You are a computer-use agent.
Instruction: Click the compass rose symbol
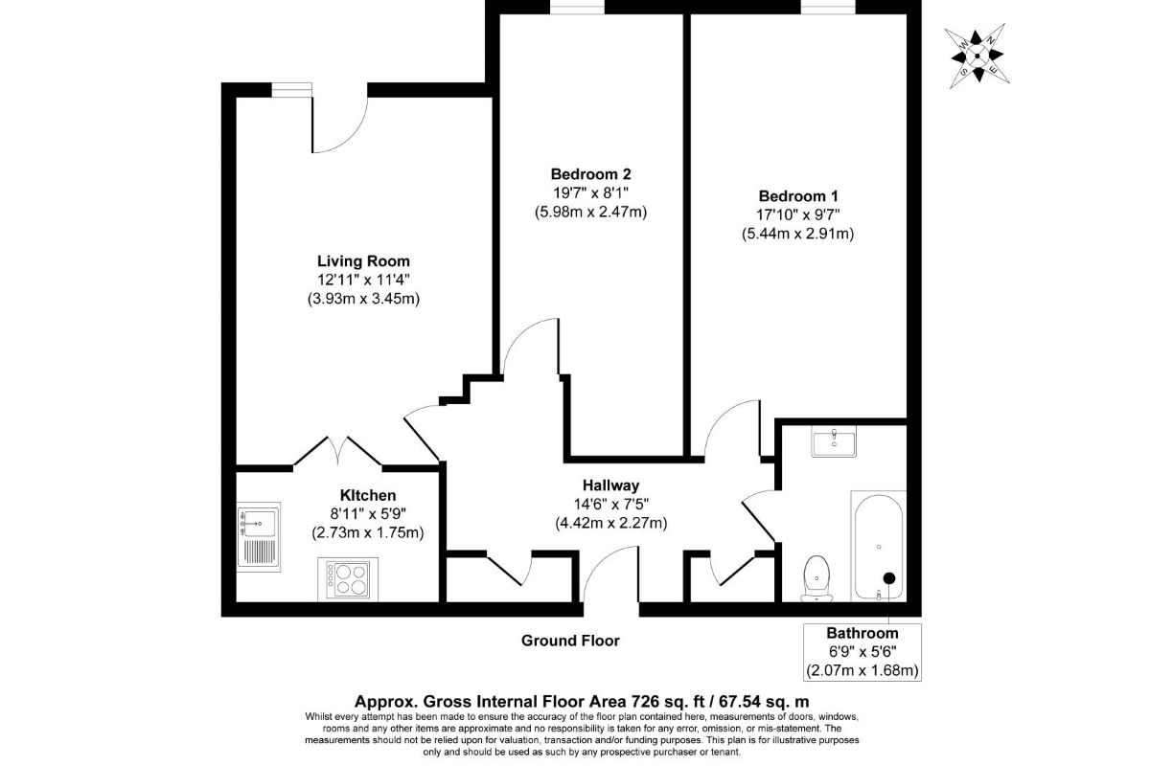(x=977, y=56)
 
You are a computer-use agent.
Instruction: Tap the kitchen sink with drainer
(x=259, y=536)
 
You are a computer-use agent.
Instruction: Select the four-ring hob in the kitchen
(x=348, y=579)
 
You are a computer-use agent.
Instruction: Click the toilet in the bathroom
(x=816, y=578)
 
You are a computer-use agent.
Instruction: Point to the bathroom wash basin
(x=834, y=441)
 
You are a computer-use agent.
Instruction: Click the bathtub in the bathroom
(x=879, y=546)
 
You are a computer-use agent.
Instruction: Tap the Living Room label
(x=363, y=261)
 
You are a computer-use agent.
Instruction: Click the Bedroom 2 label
(x=590, y=174)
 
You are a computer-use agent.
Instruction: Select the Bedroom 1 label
(x=798, y=196)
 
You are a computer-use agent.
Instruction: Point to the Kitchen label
(x=368, y=495)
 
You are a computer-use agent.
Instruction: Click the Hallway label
(x=611, y=484)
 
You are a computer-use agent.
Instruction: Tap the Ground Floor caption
(x=570, y=641)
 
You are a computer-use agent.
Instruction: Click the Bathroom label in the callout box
(x=862, y=633)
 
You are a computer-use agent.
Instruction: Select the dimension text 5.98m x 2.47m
(x=590, y=212)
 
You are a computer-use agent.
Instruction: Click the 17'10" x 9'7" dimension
(x=798, y=215)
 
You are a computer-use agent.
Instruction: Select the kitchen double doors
(x=337, y=452)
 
